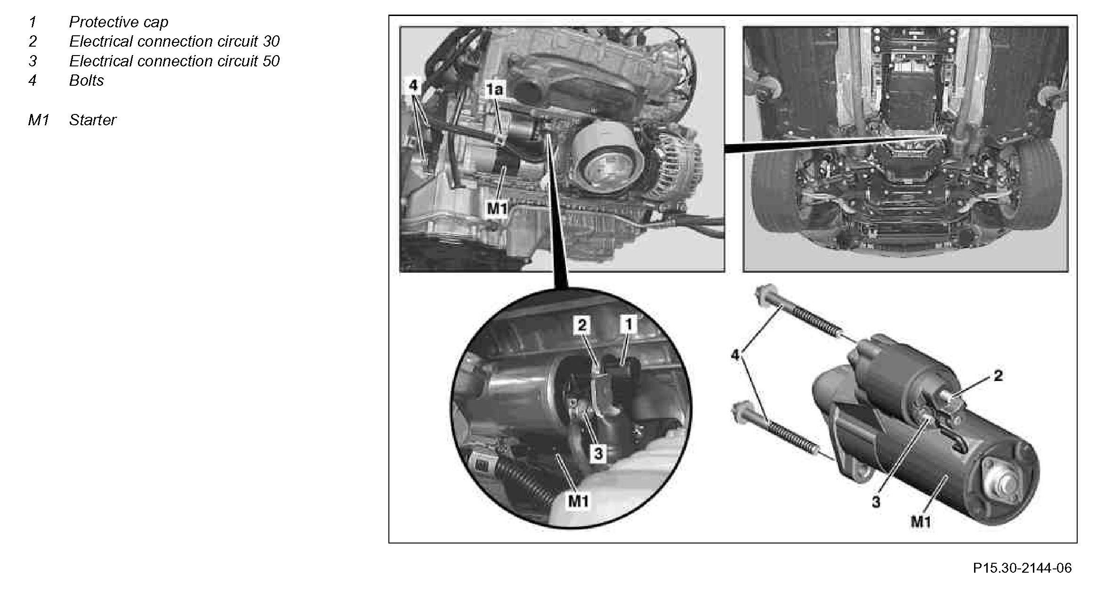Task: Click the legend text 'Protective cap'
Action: (118, 22)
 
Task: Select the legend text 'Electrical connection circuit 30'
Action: (174, 41)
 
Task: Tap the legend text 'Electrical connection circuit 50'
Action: (174, 61)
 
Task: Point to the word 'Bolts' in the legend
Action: (86, 81)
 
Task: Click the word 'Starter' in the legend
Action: (92, 120)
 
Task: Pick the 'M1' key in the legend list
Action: (38, 120)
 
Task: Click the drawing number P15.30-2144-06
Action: (1022, 568)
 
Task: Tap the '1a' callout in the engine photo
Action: (494, 89)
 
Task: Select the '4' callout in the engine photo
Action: (413, 85)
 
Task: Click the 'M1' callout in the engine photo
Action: (497, 208)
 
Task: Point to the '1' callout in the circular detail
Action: (628, 324)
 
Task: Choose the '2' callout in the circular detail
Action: (582, 324)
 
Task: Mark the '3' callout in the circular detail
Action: (598, 454)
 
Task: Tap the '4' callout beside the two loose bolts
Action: (735, 355)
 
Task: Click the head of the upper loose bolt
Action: (764, 296)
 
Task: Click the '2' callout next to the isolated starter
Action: (998, 375)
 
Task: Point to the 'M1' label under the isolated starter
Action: (921, 522)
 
